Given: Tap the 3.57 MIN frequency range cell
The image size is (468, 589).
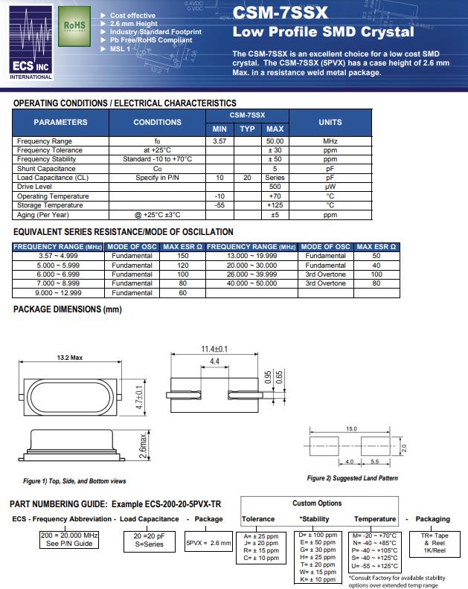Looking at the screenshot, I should [x=219, y=141].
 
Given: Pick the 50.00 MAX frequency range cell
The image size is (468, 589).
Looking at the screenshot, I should [x=275, y=141].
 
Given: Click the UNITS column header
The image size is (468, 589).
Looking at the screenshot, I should [x=330, y=122].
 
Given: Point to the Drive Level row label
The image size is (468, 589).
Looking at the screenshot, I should [x=38, y=187].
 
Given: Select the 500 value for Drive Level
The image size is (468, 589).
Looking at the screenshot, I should [x=275, y=187].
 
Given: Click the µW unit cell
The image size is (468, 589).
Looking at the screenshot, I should [x=330, y=187].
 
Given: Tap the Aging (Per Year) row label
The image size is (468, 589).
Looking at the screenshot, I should [x=43, y=215].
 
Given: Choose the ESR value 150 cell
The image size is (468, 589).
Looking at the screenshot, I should [x=182, y=256].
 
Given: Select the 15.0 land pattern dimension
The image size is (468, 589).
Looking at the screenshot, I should [x=352, y=429].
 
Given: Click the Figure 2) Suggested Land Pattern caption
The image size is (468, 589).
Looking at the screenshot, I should [x=352, y=478].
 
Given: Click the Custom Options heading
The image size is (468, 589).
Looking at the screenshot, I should [x=317, y=503].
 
